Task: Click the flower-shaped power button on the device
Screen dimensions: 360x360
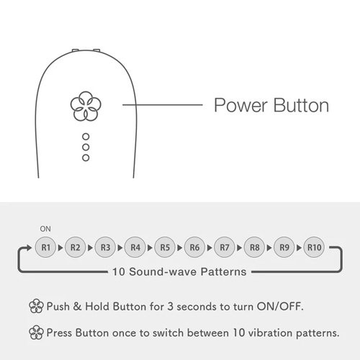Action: click(x=86, y=106)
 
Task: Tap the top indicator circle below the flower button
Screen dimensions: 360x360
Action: click(x=86, y=137)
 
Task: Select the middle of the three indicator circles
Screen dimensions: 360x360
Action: click(x=86, y=147)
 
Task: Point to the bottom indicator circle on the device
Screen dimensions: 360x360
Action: click(x=86, y=158)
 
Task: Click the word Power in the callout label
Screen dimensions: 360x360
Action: click(x=240, y=105)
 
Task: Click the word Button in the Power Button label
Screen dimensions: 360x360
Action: click(x=301, y=105)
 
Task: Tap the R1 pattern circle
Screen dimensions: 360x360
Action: click(x=45, y=247)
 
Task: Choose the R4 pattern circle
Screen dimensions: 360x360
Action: click(x=135, y=247)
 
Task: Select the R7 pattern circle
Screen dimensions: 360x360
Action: click(x=225, y=247)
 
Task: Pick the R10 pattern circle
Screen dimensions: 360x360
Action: click(x=314, y=247)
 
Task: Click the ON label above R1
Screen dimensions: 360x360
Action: click(x=45, y=229)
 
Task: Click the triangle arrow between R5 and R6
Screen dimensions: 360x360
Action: click(x=179, y=248)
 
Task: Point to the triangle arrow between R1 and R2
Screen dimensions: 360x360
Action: click(x=60, y=248)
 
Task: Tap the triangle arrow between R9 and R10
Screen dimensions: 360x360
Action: click(x=299, y=248)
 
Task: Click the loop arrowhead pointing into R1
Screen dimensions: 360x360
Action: click(x=29, y=248)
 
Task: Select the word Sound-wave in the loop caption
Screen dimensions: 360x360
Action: click(x=163, y=272)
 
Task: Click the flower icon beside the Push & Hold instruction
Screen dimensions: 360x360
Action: click(x=36, y=306)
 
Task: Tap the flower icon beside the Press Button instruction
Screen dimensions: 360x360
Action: click(x=36, y=333)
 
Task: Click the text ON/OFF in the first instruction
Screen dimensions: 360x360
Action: click(x=280, y=307)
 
